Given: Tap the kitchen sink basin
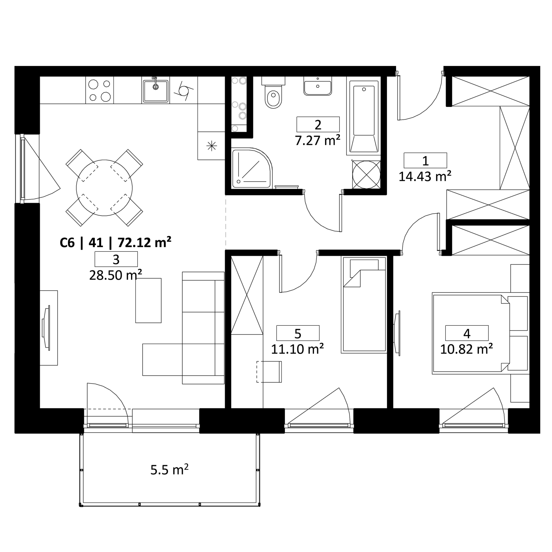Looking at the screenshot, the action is click(x=156, y=91).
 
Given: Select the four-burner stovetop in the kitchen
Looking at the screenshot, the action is click(x=99, y=90).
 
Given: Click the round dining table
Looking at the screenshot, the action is click(x=104, y=188).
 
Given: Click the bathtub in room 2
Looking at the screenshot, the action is click(x=364, y=117).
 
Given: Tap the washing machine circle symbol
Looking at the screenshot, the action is click(x=366, y=174).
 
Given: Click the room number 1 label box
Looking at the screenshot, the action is click(x=425, y=160).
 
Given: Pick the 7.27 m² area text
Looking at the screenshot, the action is click(x=318, y=141).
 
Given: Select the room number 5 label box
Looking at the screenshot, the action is click(x=298, y=333).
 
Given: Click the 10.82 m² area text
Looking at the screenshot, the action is click(x=466, y=349).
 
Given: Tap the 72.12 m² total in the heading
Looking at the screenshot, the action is click(x=145, y=242).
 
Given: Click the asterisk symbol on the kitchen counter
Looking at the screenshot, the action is click(x=211, y=146).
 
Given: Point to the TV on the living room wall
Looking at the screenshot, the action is click(x=46, y=328).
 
